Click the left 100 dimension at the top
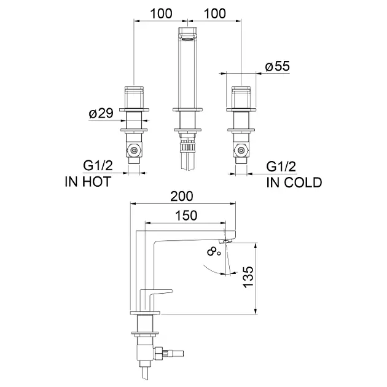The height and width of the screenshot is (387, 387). [161, 14]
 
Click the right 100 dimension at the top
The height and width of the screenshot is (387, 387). [215, 14]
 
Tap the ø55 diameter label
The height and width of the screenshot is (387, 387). [277, 66]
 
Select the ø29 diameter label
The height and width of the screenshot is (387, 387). [101, 113]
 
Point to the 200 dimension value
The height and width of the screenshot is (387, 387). [182, 197]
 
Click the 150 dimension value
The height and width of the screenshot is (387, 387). [186, 216]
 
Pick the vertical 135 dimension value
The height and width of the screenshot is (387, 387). [248, 276]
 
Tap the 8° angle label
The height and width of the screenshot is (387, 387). [214, 252]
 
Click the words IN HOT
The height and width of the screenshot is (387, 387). [88, 182]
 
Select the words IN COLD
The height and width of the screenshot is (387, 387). [294, 182]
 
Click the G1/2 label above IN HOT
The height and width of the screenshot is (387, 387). [98, 165]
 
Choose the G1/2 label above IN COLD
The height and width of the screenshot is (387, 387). [281, 166]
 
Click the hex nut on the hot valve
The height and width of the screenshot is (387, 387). [134, 150]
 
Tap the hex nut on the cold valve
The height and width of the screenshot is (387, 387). [241, 150]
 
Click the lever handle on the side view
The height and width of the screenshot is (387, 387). [156, 295]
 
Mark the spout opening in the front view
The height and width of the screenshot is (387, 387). [188, 37]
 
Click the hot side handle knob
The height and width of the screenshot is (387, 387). [134, 97]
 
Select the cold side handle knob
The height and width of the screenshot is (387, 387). [241, 97]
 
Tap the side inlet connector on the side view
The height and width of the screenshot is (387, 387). [168, 353]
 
